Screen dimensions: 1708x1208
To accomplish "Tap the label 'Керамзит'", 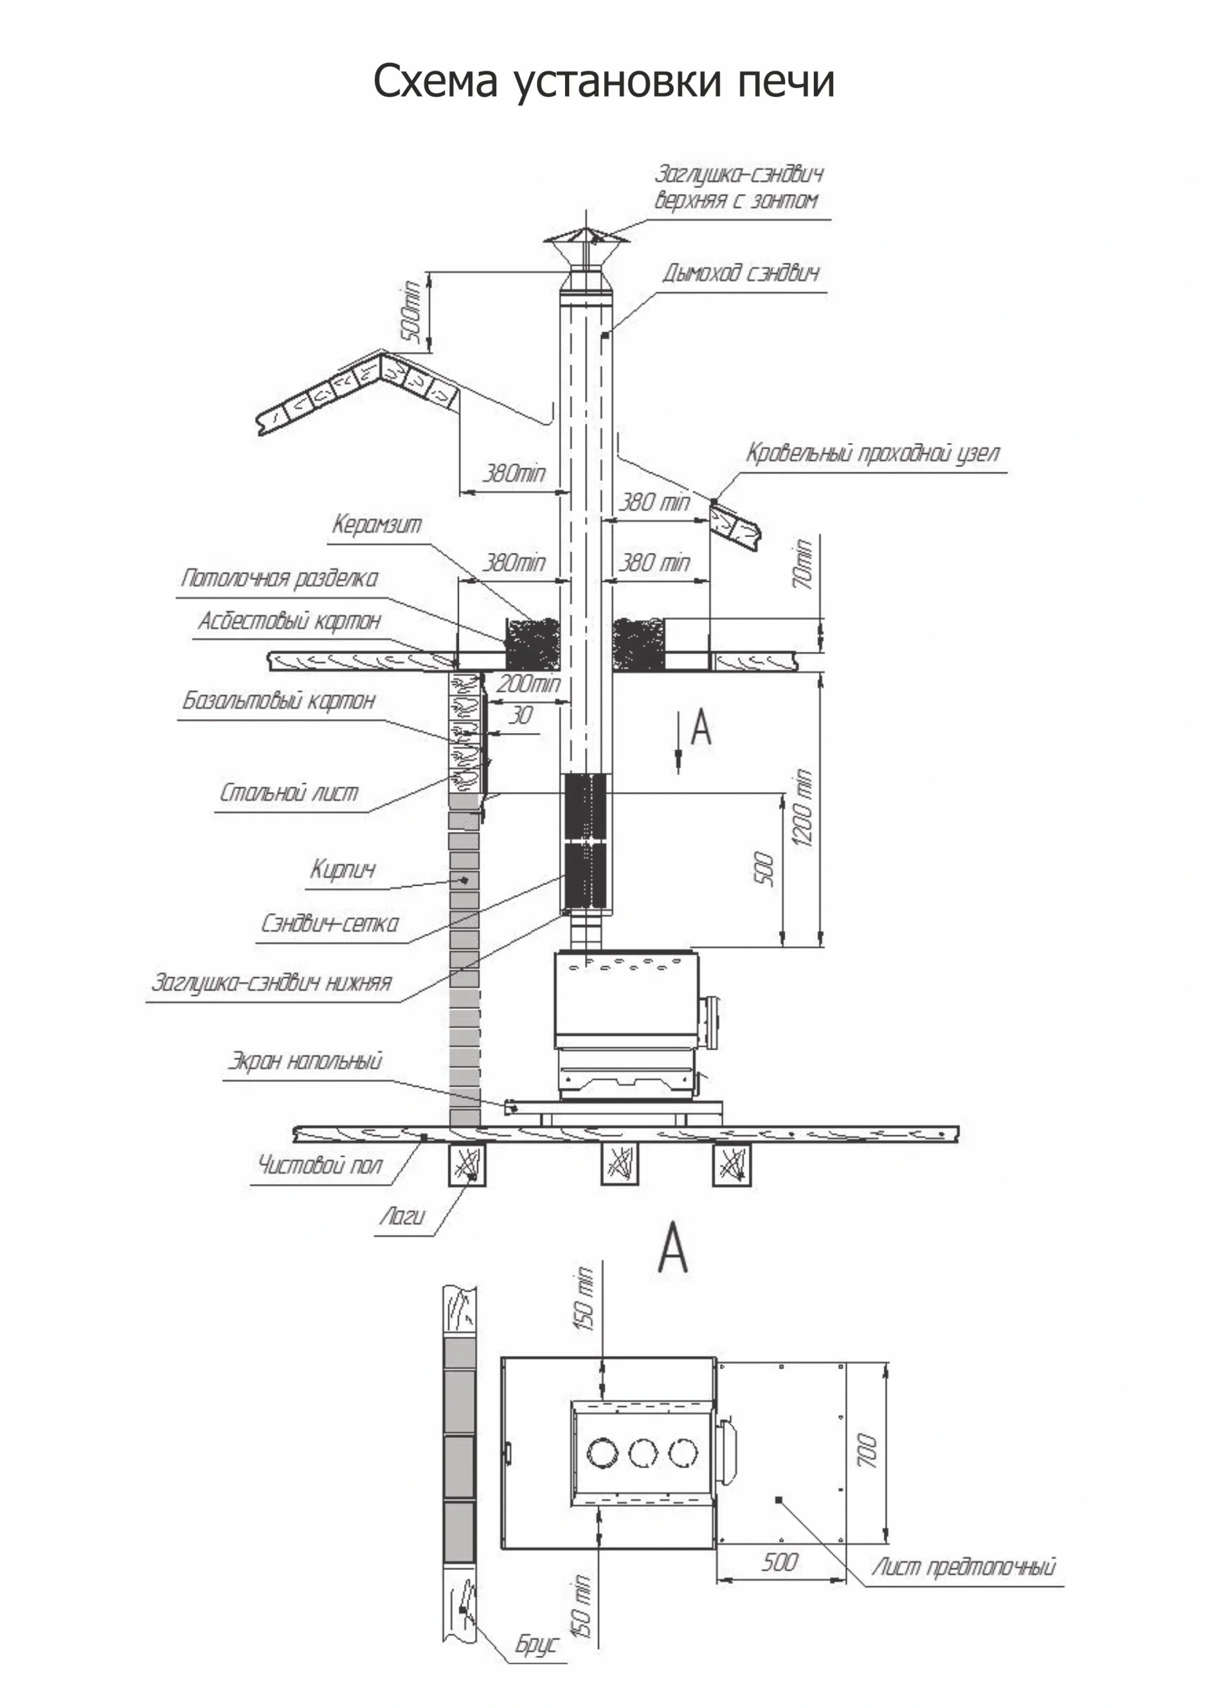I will [376, 524].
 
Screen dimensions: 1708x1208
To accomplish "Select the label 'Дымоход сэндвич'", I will [741, 274].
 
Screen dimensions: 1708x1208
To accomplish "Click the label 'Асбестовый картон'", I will [289, 620].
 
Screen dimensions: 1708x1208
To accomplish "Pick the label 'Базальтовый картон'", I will [279, 701].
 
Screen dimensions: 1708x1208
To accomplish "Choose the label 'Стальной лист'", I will [289, 793].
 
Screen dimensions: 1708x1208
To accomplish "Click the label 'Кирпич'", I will [343, 869].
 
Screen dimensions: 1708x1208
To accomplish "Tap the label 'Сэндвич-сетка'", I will [330, 924].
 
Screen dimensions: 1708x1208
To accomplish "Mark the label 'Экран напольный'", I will [305, 1061].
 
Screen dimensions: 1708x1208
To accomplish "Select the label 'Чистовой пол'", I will [320, 1164].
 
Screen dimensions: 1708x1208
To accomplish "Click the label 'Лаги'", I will [402, 1216].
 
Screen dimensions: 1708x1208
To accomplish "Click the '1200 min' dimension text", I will [802, 808].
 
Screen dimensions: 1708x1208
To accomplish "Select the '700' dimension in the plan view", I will [867, 1450].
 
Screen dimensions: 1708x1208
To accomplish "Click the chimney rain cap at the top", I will [586, 240].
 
